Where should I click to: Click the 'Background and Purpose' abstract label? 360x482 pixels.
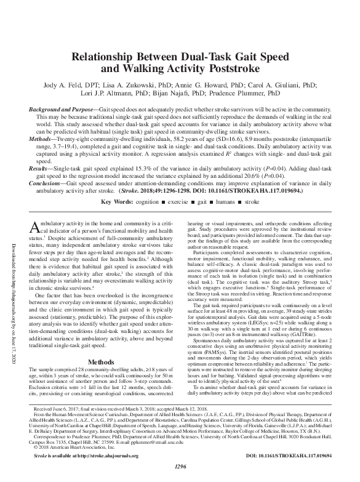pos(62,107)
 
